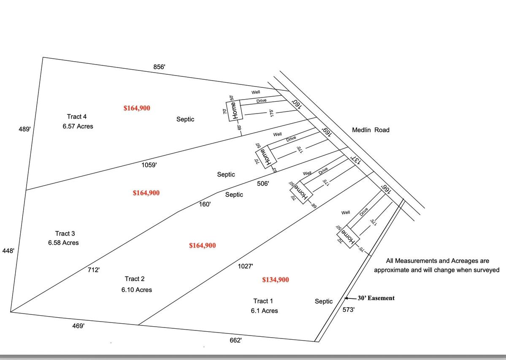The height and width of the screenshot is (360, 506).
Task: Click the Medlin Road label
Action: (x=371, y=130)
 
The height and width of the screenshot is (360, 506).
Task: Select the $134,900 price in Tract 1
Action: (x=276, y=280)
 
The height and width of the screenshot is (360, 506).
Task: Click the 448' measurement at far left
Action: (x=8, y=251)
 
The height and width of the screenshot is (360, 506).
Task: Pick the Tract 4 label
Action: (x=77, y=116)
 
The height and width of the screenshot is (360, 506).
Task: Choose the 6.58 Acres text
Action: (x=63, y=243)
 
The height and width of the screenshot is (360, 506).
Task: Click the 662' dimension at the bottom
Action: (x=235, y=340)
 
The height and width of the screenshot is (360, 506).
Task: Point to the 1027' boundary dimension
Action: (x=246, y=266)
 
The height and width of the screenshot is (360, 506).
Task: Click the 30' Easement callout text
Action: (x=376, y=298)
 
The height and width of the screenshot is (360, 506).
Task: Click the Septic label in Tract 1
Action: (x=324, y=301)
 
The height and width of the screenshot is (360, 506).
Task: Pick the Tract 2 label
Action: (x=135, y=279)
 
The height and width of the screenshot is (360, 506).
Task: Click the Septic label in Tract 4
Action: (x=185, y=119)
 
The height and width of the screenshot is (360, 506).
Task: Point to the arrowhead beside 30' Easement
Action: (x=346, y=298)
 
